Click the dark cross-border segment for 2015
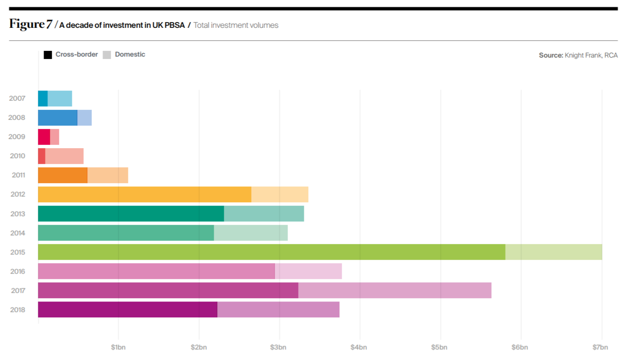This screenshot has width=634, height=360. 271,252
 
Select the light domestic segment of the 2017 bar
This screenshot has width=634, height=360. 394,290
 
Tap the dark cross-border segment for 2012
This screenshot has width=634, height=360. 144,194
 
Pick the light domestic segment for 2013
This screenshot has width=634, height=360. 264,214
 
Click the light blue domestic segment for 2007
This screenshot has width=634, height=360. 60,98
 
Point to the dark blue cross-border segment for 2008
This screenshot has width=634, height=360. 58,117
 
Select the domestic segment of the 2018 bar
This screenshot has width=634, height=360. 278,310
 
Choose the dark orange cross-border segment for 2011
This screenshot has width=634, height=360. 63,175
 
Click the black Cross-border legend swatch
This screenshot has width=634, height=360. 48,55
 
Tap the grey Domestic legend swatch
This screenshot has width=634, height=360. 106,55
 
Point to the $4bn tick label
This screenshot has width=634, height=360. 358,347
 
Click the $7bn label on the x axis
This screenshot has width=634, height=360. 600,347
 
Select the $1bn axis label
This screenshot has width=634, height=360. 118,347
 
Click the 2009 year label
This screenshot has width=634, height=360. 17,137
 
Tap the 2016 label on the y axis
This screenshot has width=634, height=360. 17,271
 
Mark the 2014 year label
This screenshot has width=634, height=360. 17,233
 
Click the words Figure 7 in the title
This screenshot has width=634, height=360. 30,24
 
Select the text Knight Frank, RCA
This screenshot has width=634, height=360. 591,55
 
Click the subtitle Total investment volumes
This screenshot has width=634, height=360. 236,25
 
